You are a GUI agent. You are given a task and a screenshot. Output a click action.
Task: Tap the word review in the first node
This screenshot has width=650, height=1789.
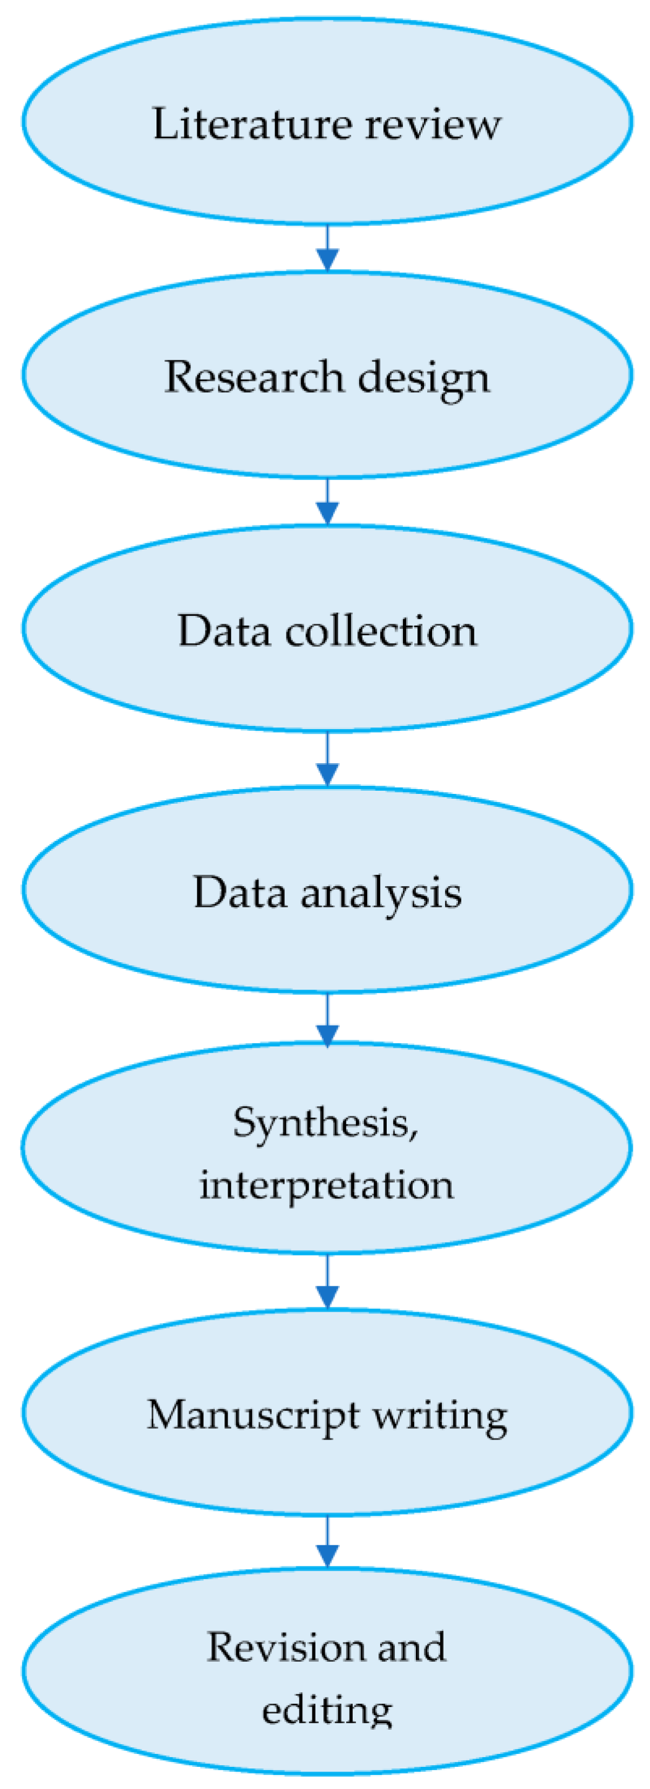[432, 125]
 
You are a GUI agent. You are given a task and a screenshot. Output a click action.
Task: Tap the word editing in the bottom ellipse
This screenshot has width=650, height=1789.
[326, 1710]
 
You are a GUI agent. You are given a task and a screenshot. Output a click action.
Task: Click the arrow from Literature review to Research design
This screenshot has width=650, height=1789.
[327, 249]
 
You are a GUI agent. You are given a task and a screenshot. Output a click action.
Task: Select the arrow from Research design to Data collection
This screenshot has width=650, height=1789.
[327, 502]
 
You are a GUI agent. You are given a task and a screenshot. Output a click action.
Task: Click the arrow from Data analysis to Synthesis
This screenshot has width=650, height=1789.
[327, 1019]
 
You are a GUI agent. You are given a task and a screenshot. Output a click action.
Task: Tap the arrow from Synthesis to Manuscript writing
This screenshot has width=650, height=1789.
[327, 1282]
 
